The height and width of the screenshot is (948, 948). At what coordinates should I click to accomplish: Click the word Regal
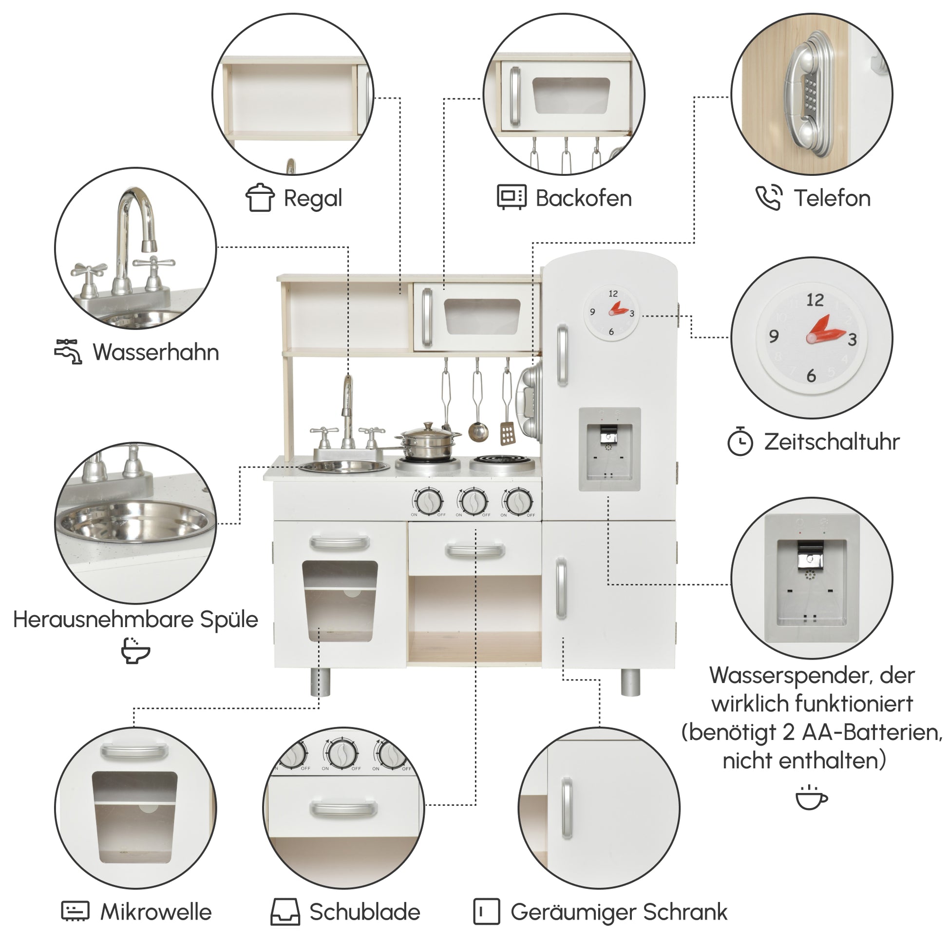[x=313, y=199]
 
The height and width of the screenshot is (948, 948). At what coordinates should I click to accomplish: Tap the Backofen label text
[x=584, y=198]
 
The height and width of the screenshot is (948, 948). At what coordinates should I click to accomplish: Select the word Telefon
[x=832, y=198]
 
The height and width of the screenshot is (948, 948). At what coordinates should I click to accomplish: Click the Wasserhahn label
[x=156, y=352]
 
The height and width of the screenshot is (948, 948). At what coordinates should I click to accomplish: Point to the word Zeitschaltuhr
[x=832, y=442]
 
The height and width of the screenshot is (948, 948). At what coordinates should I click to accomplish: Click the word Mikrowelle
[x=156, y=911]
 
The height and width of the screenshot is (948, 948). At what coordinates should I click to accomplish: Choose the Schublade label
[x=364, y=911]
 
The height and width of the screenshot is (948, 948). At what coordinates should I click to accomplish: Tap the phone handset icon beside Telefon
[x=768, y=198]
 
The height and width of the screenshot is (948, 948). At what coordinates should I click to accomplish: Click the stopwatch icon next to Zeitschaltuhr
[x=740, y=441]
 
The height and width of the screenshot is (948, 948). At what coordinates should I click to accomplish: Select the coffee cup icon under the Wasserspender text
[x=811, y=797]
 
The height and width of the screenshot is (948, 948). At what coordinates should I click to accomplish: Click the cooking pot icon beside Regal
[x=260, y=198]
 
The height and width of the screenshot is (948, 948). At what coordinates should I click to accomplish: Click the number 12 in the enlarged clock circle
[x=815, y=300]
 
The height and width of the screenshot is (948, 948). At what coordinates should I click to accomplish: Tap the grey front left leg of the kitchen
[x=321, y=682]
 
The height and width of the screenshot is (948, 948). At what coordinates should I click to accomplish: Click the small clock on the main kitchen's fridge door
[x=611, y=313]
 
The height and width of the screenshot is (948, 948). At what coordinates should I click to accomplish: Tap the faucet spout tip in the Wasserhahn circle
[x=149, y=246]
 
